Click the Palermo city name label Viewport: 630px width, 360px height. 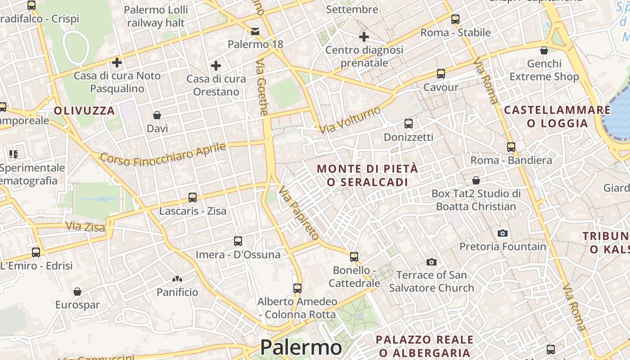301,347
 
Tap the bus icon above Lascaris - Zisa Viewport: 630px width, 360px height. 193,197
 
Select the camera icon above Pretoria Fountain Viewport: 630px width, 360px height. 503,233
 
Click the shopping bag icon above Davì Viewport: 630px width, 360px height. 157,115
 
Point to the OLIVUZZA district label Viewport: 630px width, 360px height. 85,111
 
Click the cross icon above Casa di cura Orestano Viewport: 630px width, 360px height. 216,66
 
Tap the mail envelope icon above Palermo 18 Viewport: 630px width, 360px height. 255,31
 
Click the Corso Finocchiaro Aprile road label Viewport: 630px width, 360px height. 163,153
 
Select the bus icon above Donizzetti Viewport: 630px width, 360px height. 409,123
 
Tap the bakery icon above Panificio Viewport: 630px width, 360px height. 177,279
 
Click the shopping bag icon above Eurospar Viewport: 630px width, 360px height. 77,292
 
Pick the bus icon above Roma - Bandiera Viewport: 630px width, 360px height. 511,147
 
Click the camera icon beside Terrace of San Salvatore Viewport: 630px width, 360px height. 431,262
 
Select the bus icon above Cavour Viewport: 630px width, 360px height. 441,73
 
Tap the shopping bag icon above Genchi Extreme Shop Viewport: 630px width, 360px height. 544,50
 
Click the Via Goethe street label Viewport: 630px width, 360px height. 262,87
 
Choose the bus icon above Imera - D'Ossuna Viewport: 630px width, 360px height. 238,241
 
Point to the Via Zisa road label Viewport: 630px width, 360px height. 85,226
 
